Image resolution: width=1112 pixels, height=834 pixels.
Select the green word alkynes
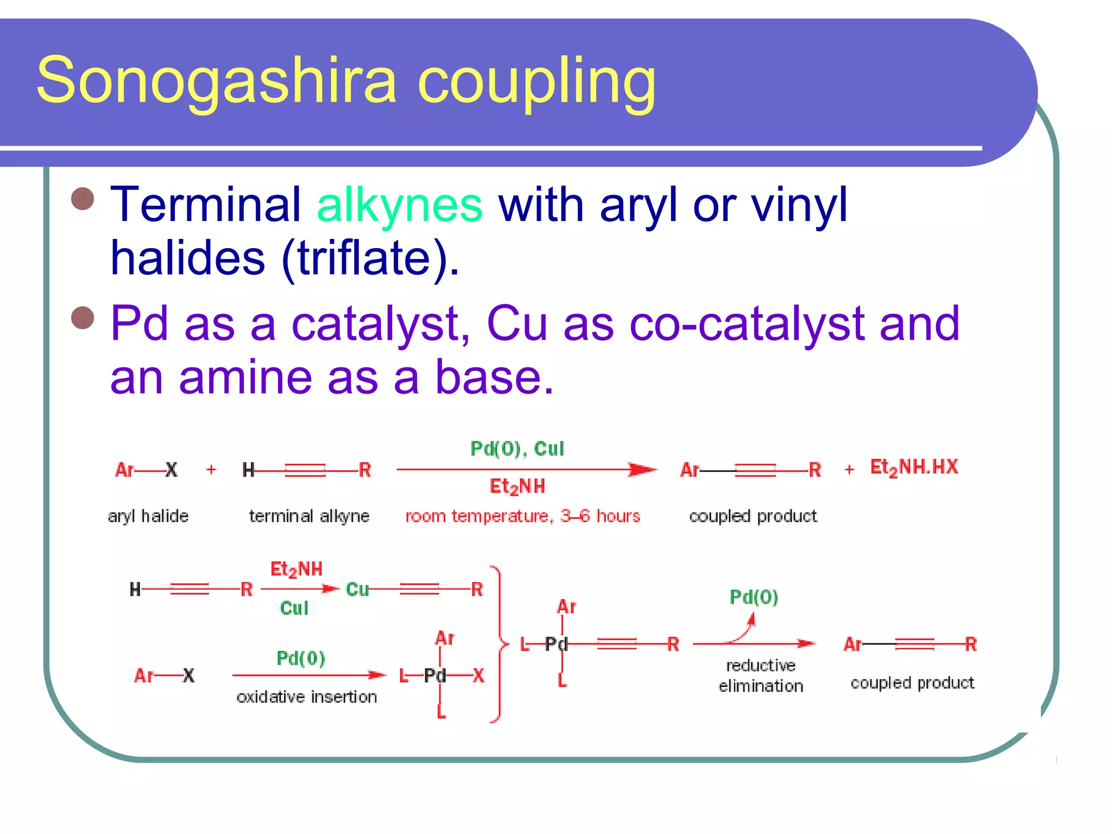[400, 205]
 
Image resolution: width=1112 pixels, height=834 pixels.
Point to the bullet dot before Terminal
[83, 199]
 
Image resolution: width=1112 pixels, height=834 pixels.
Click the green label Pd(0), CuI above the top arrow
[517, 448]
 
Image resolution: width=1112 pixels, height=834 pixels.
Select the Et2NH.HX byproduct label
[914, 467]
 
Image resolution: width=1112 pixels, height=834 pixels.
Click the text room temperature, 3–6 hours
[522, 516]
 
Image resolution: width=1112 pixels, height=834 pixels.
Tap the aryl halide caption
[148, 516]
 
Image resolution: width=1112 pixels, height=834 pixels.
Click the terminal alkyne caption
[309, 516]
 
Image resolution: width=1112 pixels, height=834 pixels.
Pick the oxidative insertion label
[307, 697]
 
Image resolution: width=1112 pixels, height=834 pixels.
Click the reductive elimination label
[761, 676]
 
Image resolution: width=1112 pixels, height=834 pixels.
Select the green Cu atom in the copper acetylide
[357, 589]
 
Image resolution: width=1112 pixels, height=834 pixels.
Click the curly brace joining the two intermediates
[499, 645]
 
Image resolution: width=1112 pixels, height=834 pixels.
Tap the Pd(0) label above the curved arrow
[754, 597]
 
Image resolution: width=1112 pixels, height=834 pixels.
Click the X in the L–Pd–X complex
[478, 675]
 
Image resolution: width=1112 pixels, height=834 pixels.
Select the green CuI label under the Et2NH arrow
[294, 608]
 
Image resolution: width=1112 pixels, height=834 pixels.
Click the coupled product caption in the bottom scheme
[912, 683]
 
